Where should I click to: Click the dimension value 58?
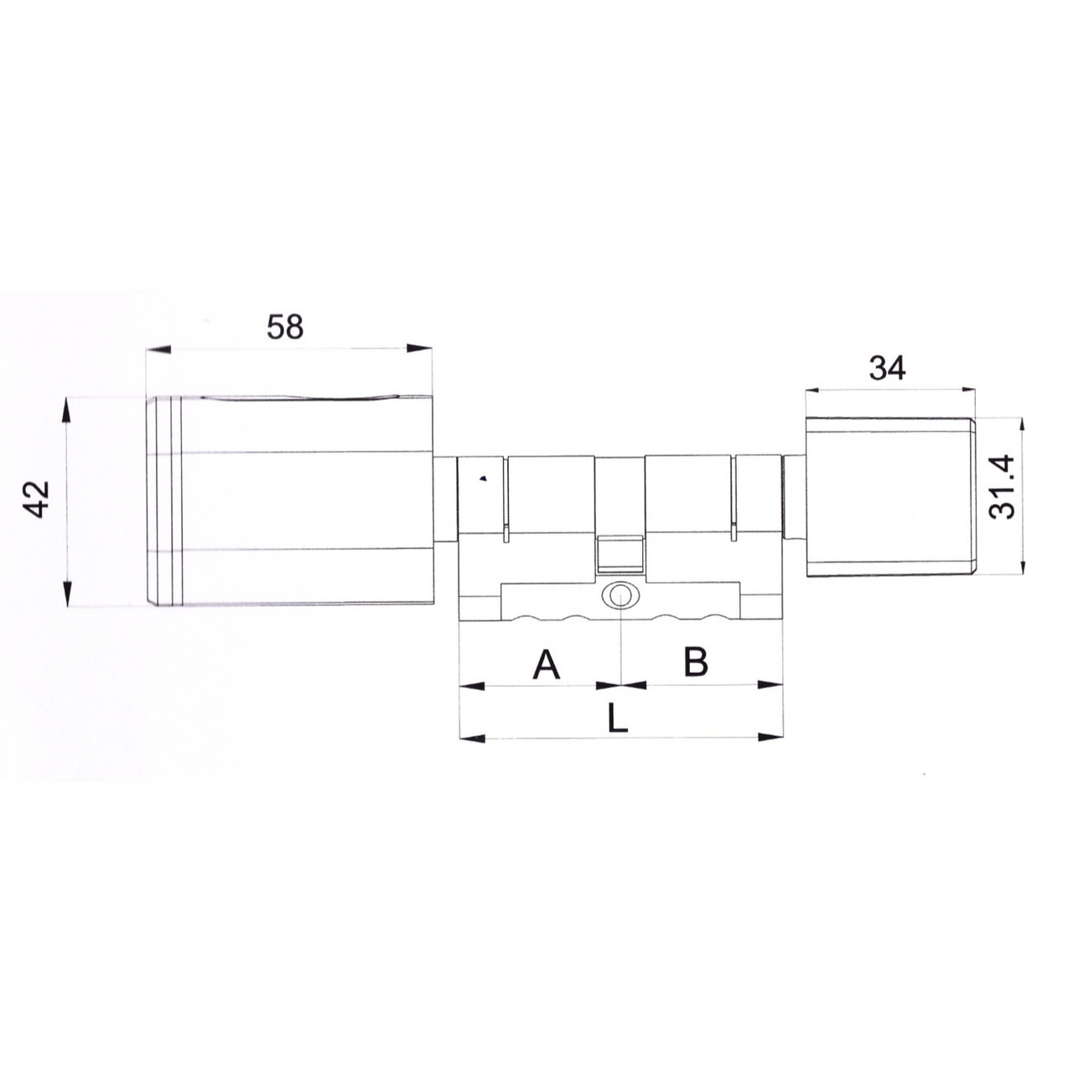click(285, 327)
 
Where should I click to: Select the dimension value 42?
click(39, 499)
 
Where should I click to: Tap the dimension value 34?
click(888, 368)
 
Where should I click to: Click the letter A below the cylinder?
click(546, 663)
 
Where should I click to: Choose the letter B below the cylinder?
click(696, 662)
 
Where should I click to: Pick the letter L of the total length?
click(617, 718)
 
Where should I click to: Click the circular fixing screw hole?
click(619, 596)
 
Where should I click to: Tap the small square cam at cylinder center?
click(619, 555)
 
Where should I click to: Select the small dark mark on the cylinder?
click(483, 478)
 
